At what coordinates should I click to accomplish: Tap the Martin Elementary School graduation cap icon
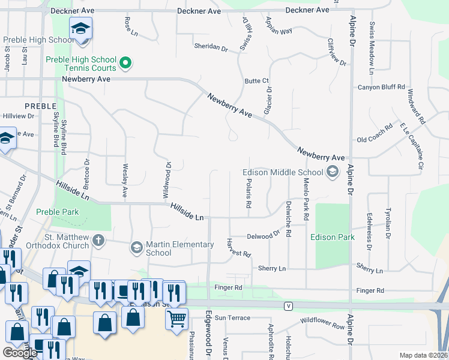click(136, 247)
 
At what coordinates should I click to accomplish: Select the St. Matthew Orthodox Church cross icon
click(98, 241)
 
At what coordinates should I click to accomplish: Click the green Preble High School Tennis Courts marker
click(125, 62)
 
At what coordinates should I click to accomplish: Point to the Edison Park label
click(333, 237)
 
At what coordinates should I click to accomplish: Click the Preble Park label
click(58, 212)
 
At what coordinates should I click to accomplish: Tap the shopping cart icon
click(176, 319)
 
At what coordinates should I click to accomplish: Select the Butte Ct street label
click(256, 81)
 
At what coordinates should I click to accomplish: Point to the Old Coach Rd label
click(374, 140)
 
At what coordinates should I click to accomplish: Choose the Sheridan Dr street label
click(211, 46)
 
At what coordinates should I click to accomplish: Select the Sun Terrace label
click(232, 317)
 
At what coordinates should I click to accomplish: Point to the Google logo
click(20, 353)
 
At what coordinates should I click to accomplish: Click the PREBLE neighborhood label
click(40, 105)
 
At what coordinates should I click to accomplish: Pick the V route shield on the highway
click(289, 305)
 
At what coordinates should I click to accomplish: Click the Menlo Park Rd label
click(306, 198)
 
